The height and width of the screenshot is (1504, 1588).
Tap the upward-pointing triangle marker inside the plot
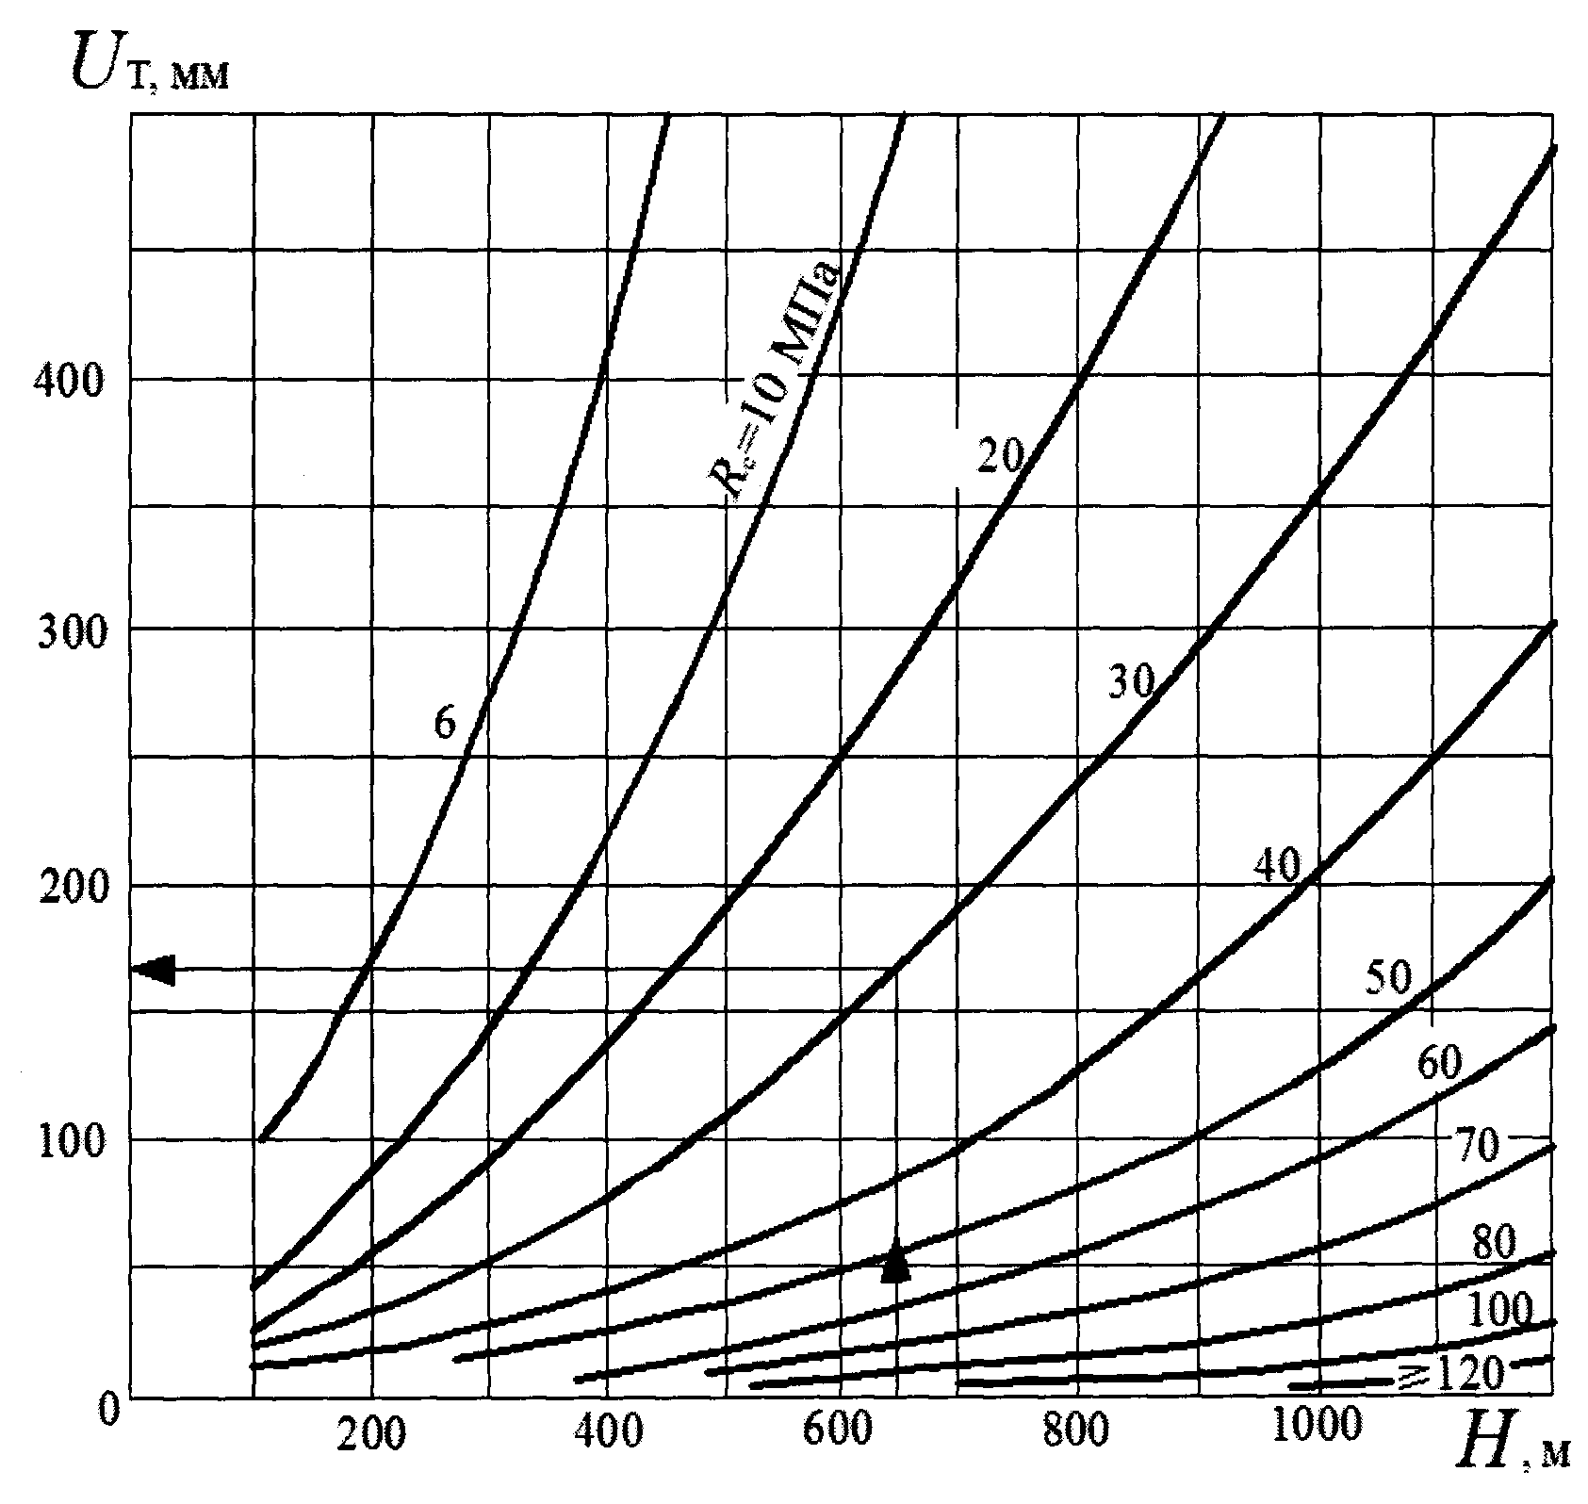(x=895, y=1262)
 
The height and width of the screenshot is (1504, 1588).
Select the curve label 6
(x=445, y=724)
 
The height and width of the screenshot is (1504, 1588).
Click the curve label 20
(x=999, y=457)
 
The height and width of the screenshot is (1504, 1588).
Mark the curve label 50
(x=1388, y=980)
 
